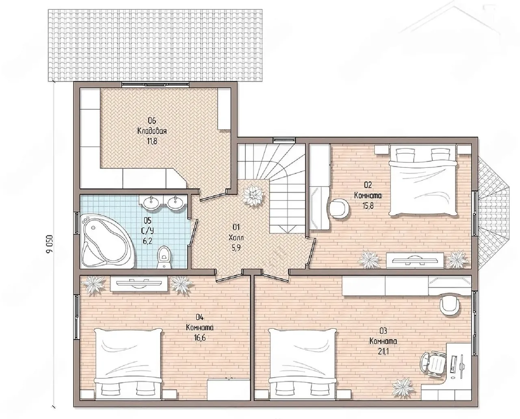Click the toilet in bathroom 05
tap(164, 257)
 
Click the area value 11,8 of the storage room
tap(152, 141)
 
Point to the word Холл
tap(236, 238)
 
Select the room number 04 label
tap(199, 317)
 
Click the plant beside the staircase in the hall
tap(253, 195)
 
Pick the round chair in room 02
tap(339, 207)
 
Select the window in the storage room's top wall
tap(155, 85)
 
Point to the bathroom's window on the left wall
tap(77, 224)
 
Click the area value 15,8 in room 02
tap(368, 206)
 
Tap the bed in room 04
tap(128, 364)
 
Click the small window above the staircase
tap(284, 139)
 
